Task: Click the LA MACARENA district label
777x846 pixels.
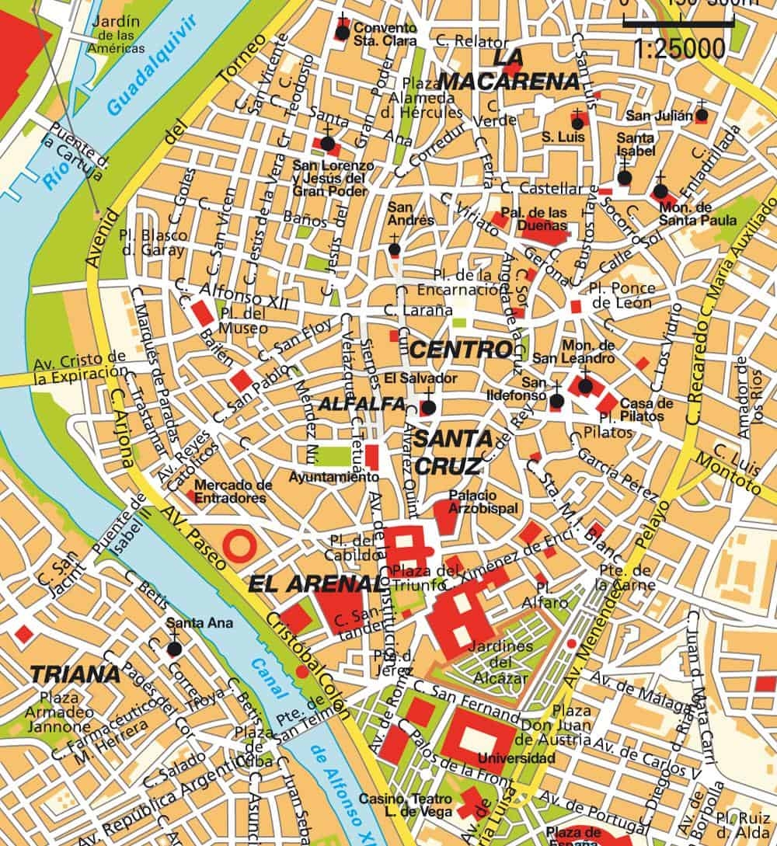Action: point(509,70)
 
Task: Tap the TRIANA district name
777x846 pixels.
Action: point(76,674)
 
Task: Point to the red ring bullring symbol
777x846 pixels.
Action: point(238,545)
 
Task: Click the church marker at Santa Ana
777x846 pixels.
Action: point(174,648)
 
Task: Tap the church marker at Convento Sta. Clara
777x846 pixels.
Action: point(342,32)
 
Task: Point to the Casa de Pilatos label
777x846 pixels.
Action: point(646,409)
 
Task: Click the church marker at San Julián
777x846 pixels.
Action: point(702,115)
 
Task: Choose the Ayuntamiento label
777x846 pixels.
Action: point(333,476)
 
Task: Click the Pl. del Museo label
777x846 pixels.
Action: point(244,320)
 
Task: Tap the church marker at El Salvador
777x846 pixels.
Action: point(427,406)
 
